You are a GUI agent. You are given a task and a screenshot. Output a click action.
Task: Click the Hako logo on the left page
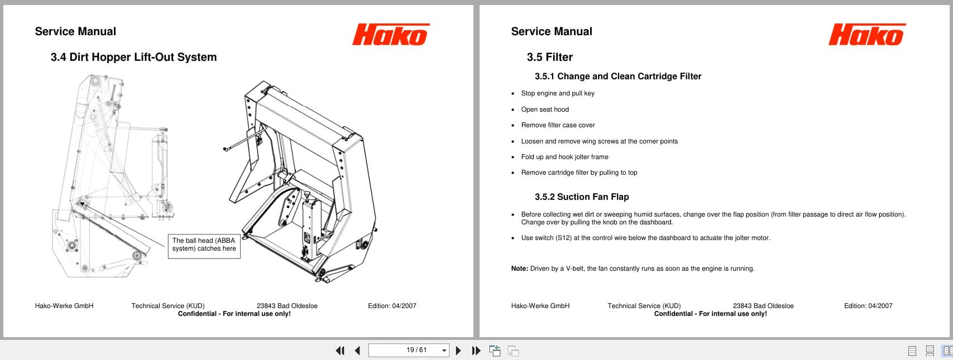[390, 35]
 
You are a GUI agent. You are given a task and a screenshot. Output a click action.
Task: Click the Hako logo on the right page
[866, 35]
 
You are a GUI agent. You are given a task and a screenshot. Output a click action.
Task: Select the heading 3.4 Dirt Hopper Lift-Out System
[133, 57]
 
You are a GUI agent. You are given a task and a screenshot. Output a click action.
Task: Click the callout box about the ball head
[204, 245]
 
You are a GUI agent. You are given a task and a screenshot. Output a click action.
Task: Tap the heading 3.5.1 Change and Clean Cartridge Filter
[617, 76]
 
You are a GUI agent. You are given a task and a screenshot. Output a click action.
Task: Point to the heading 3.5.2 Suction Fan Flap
[581, 197]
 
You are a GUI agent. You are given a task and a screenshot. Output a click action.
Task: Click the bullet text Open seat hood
[544, 109]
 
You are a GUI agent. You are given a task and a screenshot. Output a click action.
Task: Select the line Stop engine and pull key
[557, 93]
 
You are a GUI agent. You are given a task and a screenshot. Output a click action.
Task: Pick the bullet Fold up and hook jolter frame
[564, 157]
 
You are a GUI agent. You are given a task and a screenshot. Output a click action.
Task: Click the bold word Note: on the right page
[519, 268]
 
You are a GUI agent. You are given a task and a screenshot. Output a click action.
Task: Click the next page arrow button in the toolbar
[458, 351]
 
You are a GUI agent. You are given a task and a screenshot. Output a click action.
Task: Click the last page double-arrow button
[476, 351]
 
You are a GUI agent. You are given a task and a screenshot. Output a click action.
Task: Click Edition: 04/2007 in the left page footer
[392, 306]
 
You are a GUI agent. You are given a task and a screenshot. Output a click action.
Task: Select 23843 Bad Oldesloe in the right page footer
[763, 306]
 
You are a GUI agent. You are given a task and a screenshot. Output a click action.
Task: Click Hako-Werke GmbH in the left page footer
[64, 306]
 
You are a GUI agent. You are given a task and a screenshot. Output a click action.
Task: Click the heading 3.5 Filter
[549, 57]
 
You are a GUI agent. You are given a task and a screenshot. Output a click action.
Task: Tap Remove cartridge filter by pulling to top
[578, 172]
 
